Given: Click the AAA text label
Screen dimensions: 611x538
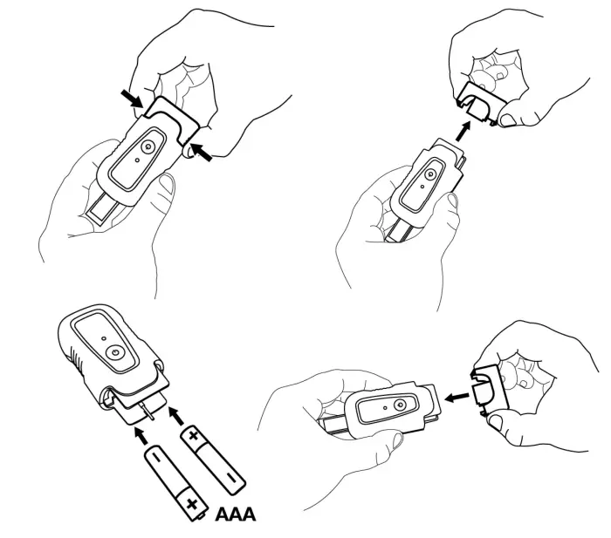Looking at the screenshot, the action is [236, 514].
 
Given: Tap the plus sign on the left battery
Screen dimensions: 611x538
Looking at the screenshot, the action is [191, 505].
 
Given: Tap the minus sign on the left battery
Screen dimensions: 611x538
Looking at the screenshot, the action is [156, 456].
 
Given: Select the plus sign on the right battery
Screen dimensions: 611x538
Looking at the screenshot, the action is [194, 435].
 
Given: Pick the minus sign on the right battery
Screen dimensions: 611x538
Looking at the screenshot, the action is [230, 476].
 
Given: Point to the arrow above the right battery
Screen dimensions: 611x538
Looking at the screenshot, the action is [175, 415].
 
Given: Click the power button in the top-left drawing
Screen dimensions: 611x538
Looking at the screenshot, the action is [147, 146].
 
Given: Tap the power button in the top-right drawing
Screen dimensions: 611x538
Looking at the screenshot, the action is [430, 174].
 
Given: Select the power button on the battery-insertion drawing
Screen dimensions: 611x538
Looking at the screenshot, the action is [114, 352].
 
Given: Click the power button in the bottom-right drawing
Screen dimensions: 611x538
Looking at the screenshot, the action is [399, 405].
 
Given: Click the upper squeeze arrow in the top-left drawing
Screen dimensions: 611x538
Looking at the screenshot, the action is [132, 99].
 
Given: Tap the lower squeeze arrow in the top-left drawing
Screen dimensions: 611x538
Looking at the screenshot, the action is [201, 152].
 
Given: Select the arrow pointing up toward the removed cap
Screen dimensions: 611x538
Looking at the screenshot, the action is [462, 132].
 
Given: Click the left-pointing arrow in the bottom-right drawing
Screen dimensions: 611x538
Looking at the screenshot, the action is [457, 398].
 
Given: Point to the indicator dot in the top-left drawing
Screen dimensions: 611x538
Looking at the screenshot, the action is [137, 160].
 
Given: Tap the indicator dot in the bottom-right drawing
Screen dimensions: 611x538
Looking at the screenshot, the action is [385, 408].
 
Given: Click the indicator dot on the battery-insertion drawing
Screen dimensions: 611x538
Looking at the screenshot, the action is [103, 338].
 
